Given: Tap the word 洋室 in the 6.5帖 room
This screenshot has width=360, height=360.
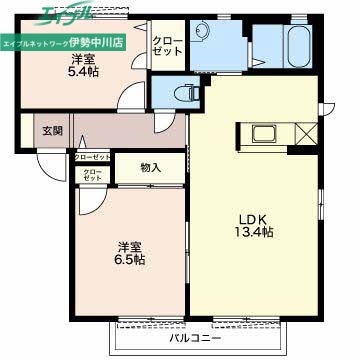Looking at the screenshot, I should click(x=128, y=246).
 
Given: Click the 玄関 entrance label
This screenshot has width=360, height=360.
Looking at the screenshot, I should click(x=52, y=129).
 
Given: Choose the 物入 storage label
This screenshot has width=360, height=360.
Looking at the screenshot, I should click(x=150, y=168).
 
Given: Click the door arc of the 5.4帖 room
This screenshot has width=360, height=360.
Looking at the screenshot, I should click(x=130, y=98).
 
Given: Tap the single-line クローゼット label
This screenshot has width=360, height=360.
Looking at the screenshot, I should click(x=93, y=157).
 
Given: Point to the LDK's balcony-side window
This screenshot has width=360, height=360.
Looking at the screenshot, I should click(x=245, y=319).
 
